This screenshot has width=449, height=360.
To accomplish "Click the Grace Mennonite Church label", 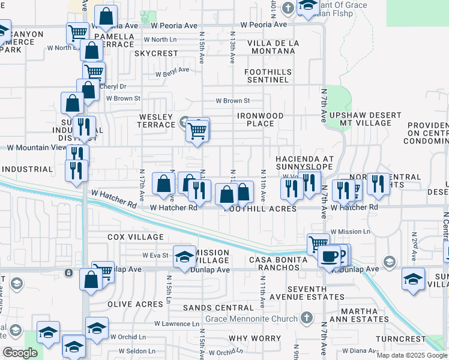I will (x=259, y=317).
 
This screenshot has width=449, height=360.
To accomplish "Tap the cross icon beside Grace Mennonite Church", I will (x=306, y=317).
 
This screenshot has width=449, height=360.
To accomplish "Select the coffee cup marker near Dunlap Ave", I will (x=328, y=257).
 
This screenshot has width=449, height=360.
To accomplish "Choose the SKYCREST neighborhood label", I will (x=156, y=53).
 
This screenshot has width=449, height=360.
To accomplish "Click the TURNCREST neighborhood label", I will (x=400, y=339).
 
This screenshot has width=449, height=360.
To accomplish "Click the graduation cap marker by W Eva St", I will (x=185, y=257).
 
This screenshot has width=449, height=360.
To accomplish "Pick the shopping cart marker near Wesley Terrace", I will (x=197, y=130).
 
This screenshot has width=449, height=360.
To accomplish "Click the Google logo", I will (x=20, y=353).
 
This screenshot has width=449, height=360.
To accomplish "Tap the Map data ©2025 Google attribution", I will (x=411, y=355).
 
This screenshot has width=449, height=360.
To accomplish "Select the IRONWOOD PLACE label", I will (x=260, y=119).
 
